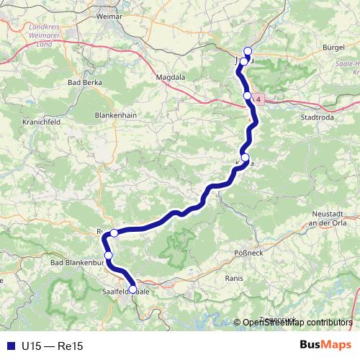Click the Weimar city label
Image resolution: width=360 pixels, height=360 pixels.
click(108, 14)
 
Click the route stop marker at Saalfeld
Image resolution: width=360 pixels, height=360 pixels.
click(132, 290)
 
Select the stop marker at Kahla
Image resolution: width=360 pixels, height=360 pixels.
click(246, 158)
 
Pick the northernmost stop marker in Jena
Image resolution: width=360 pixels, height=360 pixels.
click(248, 51)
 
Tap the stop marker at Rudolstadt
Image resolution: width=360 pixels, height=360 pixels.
click(114, 233)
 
